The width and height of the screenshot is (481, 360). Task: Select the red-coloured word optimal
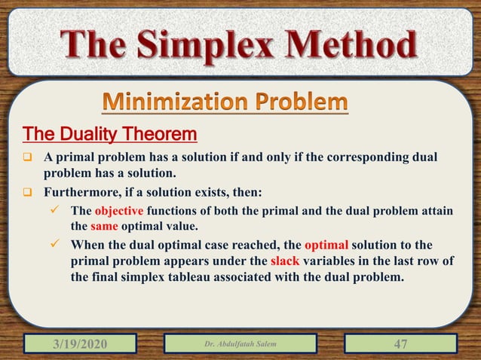point(329,246)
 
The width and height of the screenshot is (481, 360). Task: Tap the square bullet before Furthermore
point(26,193)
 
